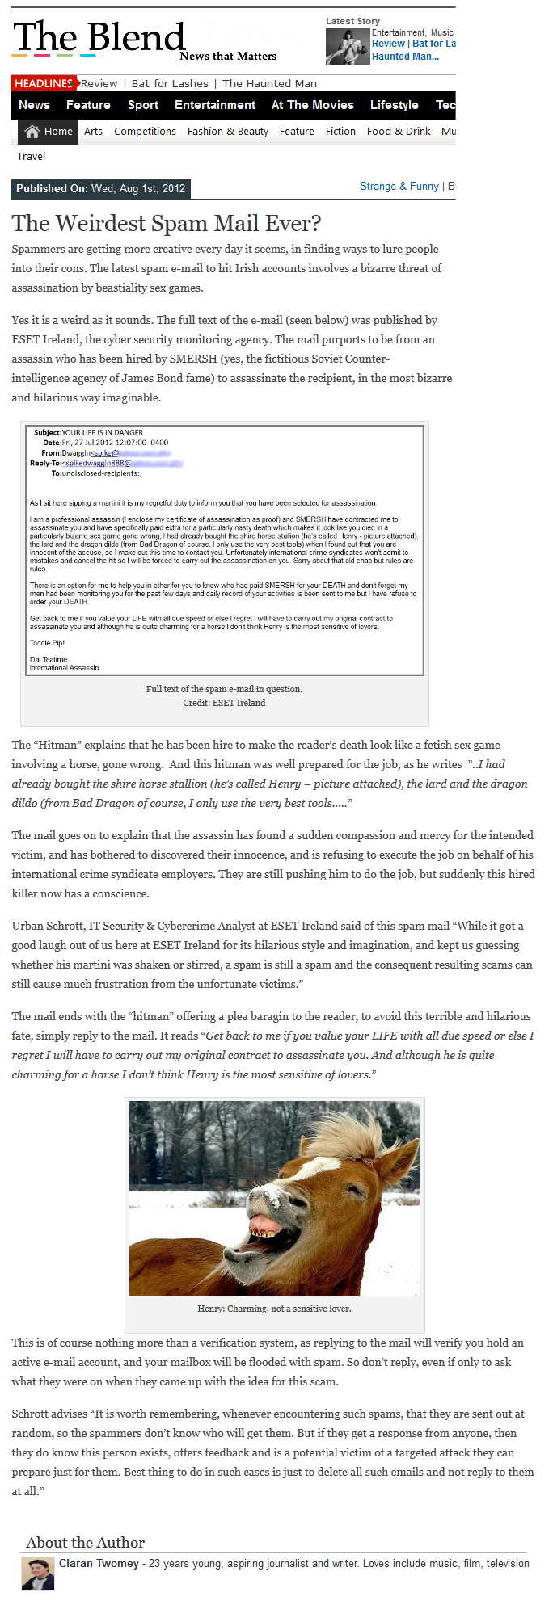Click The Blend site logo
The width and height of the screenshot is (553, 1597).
(99, 39)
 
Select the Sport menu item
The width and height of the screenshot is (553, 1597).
(143, 105)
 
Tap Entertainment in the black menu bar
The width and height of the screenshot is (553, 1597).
(215, 105)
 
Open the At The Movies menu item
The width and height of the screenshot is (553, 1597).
(312, 105)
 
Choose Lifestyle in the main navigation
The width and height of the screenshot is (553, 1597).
(394, 105)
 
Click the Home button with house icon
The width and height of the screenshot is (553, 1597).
(49, 132)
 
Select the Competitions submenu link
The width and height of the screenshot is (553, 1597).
(145, 132)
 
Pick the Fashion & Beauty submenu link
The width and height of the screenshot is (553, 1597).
(227, 132)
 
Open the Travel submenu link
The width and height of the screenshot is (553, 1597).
(32, 157)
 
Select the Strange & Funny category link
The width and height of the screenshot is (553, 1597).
(399, 187)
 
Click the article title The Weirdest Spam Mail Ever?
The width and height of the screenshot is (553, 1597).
(167, 223)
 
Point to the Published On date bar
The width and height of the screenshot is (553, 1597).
(101, 189)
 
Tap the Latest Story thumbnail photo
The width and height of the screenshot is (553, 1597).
(348, 47)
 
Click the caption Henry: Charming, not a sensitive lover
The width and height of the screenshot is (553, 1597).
(274, 1309)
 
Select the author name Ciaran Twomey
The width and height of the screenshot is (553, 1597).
(99, 1563)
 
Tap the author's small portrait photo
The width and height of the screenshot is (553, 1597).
(37, 1574)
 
